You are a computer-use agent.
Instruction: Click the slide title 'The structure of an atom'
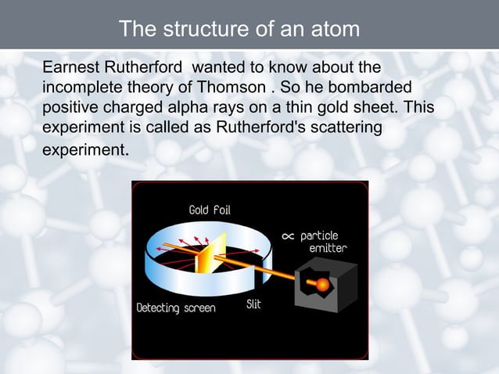coord(239,29)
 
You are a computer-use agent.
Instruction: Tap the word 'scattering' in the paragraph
coord(346,128)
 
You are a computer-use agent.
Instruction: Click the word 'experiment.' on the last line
coord(85,149)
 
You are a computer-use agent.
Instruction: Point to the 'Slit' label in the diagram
coord(253,304)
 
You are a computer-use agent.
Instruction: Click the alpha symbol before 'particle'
coord(287,236)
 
